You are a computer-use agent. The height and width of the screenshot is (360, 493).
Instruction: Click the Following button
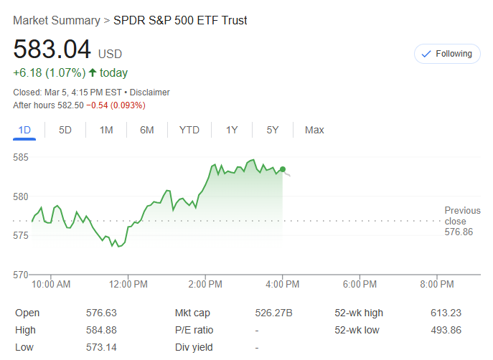point(447,54)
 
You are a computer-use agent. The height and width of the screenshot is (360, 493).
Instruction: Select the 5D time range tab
point(65,130)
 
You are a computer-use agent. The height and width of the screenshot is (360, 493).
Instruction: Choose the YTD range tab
point(189,130)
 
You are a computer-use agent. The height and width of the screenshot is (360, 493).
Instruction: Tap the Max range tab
point(314,130)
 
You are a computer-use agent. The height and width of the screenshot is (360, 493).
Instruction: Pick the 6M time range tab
point(147,130)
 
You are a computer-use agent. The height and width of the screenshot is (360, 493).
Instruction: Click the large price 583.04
point(52,50)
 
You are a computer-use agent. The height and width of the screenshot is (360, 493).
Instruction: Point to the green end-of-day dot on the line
point(283,169)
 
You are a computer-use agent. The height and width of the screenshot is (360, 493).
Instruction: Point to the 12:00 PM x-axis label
point(128,285)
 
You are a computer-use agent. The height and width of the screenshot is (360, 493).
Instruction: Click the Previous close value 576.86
point(459,232)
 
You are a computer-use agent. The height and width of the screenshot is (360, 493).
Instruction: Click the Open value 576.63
point(100,313)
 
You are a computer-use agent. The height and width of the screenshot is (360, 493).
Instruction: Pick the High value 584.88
point(100,330)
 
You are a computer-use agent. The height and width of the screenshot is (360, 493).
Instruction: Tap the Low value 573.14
point(100,348)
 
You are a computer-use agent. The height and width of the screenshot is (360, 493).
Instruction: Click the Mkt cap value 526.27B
point(274,313)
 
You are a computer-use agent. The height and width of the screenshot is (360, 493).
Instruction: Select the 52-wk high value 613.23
point(446,313)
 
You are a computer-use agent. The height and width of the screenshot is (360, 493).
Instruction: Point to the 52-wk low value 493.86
point(446,330)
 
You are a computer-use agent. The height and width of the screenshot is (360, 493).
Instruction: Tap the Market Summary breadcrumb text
point(56,20)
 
